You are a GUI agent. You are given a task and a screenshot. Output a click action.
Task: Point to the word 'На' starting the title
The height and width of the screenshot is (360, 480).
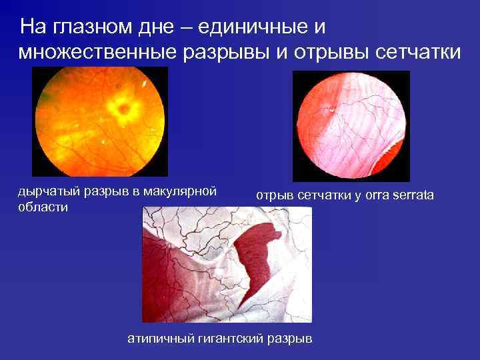[31, 27]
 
